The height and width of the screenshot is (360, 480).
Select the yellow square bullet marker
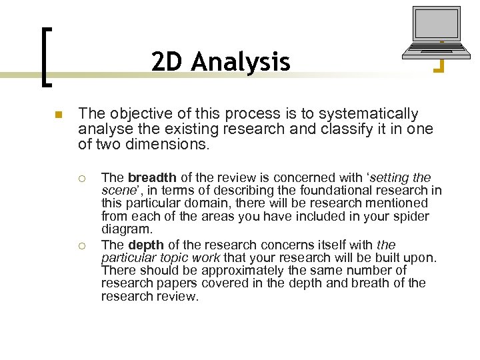pos(58,115)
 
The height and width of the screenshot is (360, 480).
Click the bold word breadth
pos(152,177)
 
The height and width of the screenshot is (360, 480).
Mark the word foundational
pos(312,191)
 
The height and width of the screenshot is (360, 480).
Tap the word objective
pos(131,114)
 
